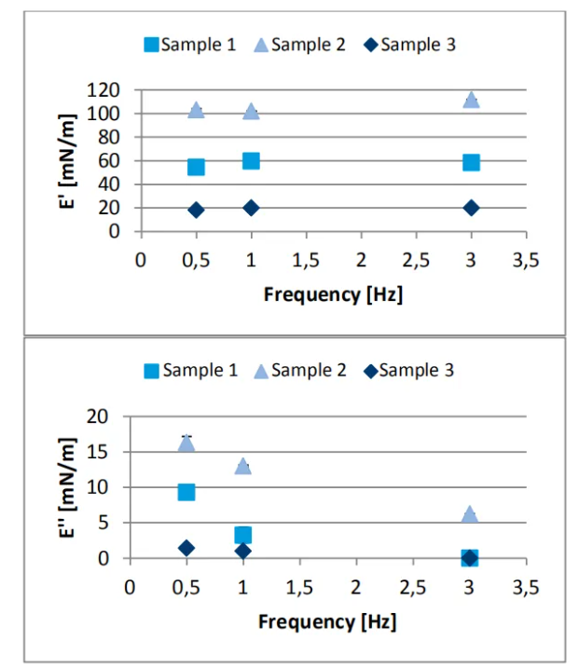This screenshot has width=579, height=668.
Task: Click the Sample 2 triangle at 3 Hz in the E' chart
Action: tap(471, 100)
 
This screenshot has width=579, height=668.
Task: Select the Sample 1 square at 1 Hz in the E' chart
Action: tap(251, 160)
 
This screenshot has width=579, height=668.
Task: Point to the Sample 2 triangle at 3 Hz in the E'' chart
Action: tap(470, 514)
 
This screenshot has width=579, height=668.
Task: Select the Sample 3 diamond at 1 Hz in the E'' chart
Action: tap(242, 551)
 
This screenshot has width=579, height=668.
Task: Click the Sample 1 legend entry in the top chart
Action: tap(190, 44)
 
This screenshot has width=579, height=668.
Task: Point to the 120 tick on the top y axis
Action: tap(107, 90)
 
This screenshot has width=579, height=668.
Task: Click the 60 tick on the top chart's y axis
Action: tap(112, 160)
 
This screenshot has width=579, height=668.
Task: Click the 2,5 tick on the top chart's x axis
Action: tap(416, 260)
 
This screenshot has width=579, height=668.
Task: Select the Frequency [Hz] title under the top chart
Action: tap(333, 294)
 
